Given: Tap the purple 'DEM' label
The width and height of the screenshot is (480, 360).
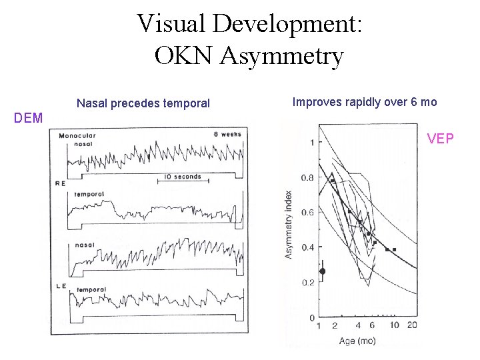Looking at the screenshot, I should click(x=29, y=118).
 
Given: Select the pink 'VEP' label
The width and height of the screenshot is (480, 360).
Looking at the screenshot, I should click(x=441, y=139).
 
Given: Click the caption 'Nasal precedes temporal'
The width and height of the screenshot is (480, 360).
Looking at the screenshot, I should click(x=143, y=103).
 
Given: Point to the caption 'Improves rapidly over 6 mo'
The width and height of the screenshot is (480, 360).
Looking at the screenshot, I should click(x=365, y=102).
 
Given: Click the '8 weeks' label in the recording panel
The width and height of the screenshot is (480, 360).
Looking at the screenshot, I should click(x=227, y=134).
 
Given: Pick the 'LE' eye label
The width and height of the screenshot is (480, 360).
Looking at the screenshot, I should click(x=60, y=286).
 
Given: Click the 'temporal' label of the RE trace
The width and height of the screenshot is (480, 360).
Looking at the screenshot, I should click(x=89, y=194).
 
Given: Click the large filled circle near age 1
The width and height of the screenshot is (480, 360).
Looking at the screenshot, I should click(x=323, y=271).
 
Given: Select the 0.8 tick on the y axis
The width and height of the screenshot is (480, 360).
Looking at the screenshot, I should click(x=307, y=178).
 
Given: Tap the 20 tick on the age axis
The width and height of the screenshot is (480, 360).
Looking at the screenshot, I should click(x=413, y=325).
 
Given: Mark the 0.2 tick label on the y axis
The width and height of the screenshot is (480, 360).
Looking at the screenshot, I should click(x=307, y=283).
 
